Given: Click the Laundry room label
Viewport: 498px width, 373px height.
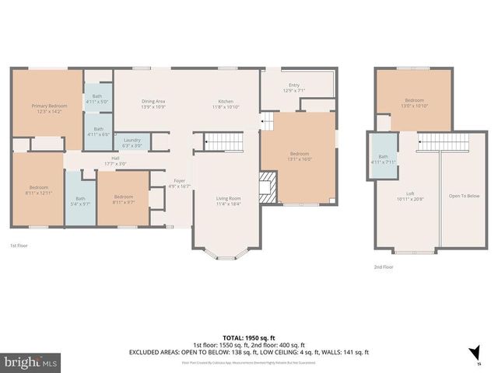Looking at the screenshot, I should click(x=132, y=142).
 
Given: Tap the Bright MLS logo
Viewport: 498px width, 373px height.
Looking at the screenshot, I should click(x=31, y=362).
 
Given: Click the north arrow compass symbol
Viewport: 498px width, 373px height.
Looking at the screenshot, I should click(x=472, y=354).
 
